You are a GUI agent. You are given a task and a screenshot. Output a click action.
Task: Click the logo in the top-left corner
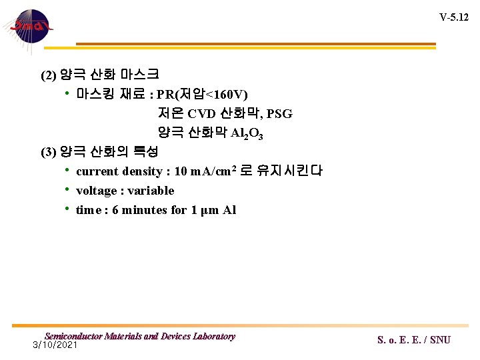27,27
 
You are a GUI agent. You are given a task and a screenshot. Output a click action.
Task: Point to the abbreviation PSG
279,114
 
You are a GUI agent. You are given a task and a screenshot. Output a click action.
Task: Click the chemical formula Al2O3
247,133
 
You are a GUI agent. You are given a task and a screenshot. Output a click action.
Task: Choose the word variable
151,191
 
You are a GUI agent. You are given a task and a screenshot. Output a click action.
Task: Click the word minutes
147,210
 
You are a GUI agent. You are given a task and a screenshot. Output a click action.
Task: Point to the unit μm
209,211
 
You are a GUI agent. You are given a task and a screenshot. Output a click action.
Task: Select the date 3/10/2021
55,345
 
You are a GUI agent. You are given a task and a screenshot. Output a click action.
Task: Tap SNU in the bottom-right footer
440,340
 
